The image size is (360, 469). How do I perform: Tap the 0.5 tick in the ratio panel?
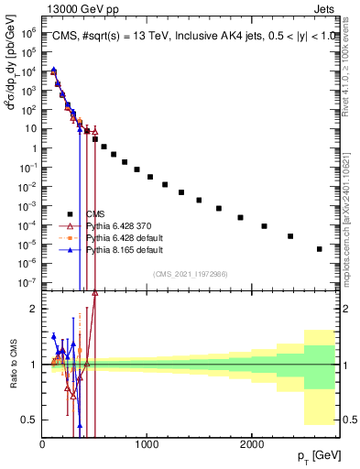pyautogui.click(x=31, y=420)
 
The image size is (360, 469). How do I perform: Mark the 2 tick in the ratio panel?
pyautogui.click(x=35, y=309)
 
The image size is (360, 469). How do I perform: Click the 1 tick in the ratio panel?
pyautogui.click(x=35, y=365)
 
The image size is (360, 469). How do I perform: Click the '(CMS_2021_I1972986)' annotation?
pyautogui.click(x=190, y=274)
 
